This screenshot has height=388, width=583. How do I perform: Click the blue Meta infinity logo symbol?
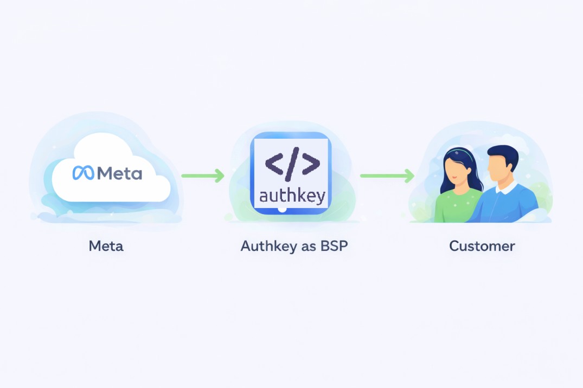[x=84, y=173]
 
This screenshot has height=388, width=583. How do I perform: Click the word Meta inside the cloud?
[x=119, y=173]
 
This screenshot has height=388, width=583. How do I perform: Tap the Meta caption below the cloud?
[x=106, y=247]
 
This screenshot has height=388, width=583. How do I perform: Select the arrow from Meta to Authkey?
[x=202, y=175]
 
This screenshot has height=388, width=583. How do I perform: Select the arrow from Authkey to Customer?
[x=387, y=175]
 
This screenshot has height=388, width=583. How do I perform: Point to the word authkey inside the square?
[x=292, y=195]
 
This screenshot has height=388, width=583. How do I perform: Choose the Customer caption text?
[x=482, y=247]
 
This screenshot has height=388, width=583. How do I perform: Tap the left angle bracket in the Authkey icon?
[x=274, y=164]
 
